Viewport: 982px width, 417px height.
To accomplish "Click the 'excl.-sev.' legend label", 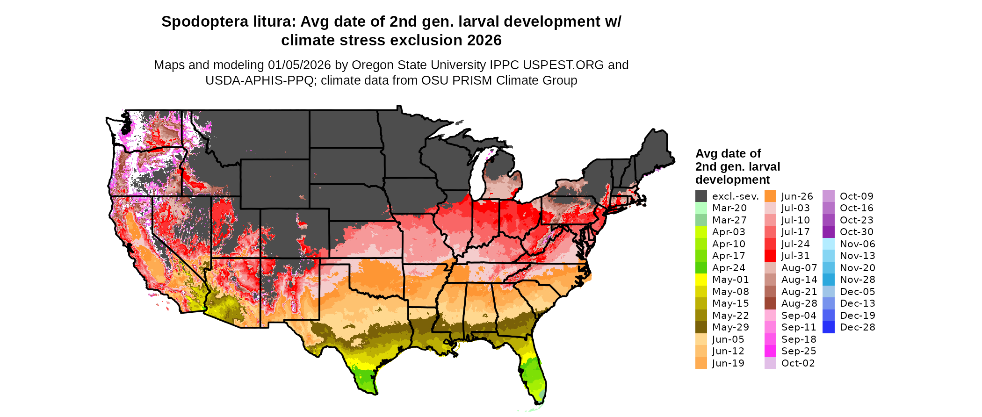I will coord(735,196).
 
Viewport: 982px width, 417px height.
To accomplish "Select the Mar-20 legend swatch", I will coord(701,208).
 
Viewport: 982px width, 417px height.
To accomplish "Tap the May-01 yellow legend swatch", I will coord(701,280).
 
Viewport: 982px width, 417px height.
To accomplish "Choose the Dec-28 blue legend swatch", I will coord(828,327).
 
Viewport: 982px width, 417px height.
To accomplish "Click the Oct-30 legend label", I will coord(856,232).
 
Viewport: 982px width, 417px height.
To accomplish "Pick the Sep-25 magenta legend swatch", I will coord(770,351).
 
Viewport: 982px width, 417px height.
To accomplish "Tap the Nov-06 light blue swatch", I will coord(828,244).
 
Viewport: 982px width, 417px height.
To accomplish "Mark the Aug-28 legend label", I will coord(799,303).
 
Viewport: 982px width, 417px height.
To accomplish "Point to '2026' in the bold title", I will coord(484,41).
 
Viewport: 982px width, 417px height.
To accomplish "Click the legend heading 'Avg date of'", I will coord(728,154).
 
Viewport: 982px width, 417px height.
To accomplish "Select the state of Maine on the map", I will coord(655,150).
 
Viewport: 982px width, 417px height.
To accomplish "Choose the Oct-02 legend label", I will coord(798,363).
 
